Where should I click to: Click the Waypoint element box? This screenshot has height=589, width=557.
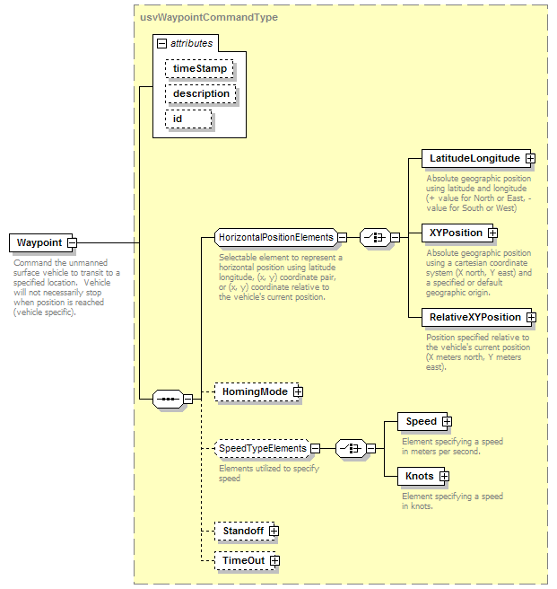(41, 242)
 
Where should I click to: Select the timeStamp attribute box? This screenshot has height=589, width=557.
(199, 69)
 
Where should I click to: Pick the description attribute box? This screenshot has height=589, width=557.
(201, 94)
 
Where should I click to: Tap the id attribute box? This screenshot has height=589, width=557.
(188, 119)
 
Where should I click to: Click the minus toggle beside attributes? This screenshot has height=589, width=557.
(161, 44)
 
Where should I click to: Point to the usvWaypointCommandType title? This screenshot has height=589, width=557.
(209, 17)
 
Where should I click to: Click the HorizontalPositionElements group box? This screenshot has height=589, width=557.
(276, 237)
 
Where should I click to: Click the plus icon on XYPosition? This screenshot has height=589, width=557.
(492, 233)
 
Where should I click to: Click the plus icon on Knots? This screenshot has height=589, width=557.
(444, 477)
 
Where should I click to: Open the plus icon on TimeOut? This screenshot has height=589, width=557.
(274, 561)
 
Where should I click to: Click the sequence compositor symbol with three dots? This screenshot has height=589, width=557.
(168, 399)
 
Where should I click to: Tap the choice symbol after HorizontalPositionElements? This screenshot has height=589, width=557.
(375, 237)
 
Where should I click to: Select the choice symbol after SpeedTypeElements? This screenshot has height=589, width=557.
(351, 449)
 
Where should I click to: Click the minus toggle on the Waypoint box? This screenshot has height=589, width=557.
(72, 243)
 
